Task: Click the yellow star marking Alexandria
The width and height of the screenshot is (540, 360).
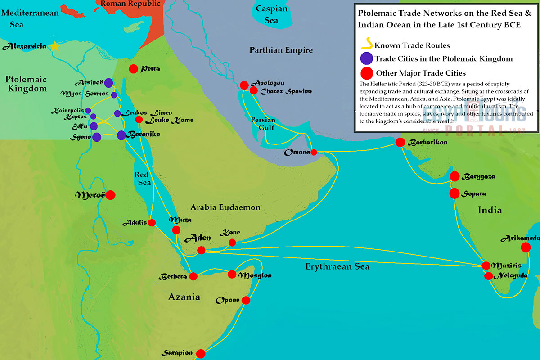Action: point(55,46)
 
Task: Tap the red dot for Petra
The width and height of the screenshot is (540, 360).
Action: point(133,69)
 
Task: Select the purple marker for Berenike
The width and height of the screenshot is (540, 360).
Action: point(121,135)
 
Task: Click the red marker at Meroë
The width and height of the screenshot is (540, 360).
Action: point(110,195)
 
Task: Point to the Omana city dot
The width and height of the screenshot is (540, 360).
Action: point(314,152)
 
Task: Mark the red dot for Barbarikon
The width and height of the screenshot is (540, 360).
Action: point(400,142)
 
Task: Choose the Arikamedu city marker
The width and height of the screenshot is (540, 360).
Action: point(525,247)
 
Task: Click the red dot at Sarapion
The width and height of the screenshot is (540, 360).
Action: point(201,354)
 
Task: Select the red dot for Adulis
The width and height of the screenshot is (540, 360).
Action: point(152,222)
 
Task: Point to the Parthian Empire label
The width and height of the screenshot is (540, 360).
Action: point(281,50)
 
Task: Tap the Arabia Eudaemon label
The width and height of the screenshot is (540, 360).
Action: point(225,207)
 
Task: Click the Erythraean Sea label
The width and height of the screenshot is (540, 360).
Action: point(337,266)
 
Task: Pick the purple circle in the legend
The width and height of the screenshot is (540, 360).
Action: point(367,58)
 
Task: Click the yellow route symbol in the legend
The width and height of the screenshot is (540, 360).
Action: point(367,45)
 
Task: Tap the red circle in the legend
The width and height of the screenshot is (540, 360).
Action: point(367,73)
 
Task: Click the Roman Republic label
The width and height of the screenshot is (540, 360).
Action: point(130,4)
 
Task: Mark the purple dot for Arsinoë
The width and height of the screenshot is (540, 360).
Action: point(108,83)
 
